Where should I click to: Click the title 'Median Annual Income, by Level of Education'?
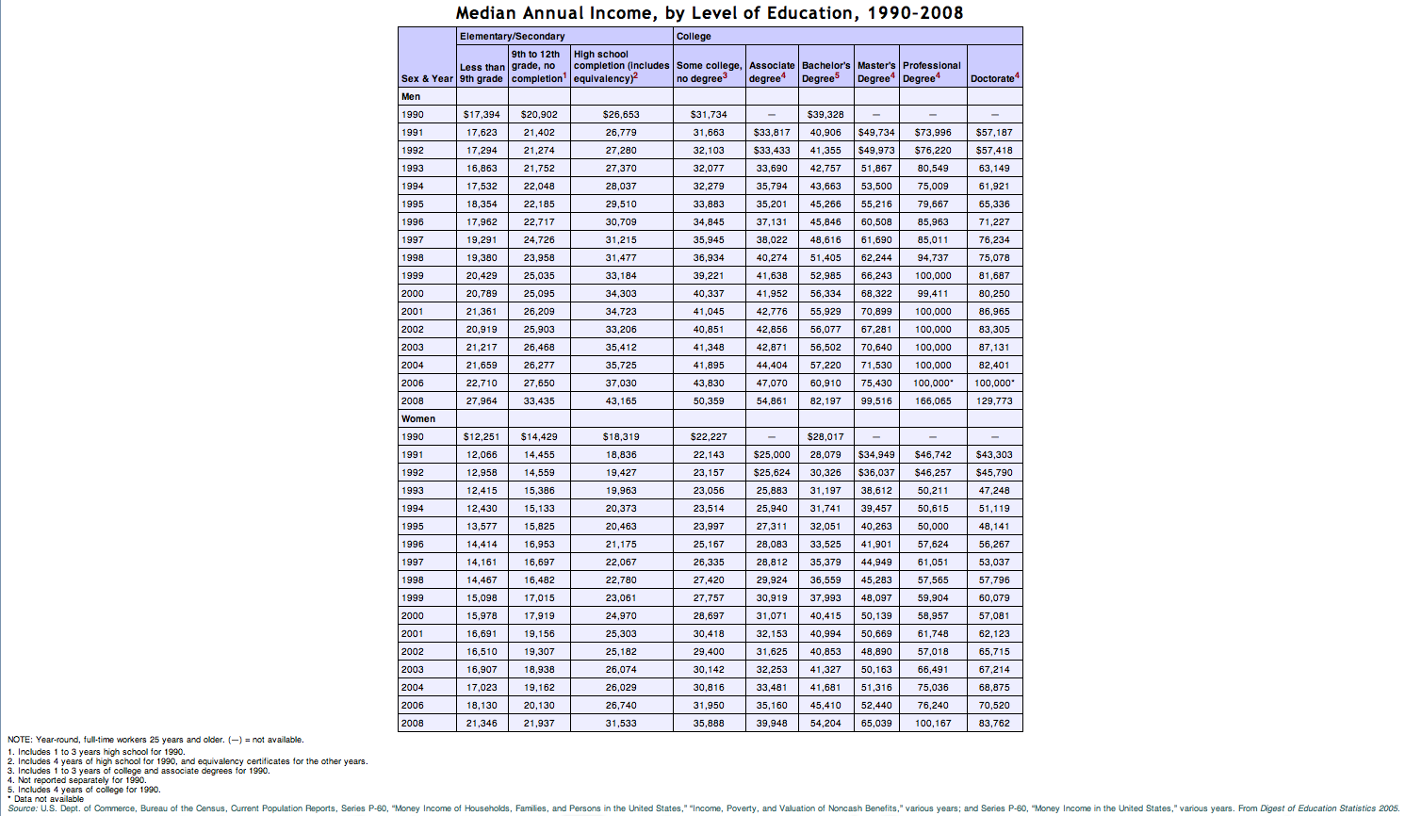point(709,13)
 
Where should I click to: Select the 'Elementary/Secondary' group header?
point(512,37)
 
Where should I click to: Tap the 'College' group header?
point(694,37)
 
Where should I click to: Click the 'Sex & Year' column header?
point(427,79)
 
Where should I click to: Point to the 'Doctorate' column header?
point(994,79)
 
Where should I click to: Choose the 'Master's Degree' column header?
point(876,72)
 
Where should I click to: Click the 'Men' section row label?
point(411,97)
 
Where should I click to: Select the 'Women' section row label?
point(418,419)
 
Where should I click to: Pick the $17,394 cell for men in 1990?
point(482,115)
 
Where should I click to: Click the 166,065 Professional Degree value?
point(933,401)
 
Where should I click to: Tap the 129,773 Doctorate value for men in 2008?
point(994,401)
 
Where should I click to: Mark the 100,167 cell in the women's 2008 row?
point(933,724)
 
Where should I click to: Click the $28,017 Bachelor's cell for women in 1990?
point(825,437)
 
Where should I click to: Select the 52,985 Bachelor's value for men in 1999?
point(825,276)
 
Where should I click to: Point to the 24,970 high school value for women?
point(621,616)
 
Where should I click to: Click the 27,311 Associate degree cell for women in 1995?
point(772,527)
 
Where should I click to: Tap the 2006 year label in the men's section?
point(413,384)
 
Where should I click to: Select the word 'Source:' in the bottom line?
point(23,808)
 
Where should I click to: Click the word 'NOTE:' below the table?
point(20,740)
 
